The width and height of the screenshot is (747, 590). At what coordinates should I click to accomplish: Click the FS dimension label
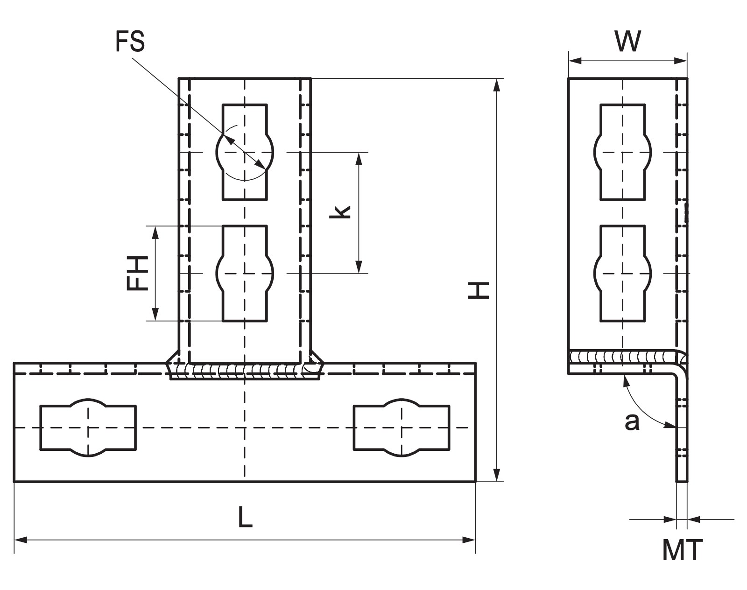pyautogui.click(x=130, y=42)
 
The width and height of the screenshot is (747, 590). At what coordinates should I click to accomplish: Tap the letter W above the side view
pyautogui.click(x=627, y=41)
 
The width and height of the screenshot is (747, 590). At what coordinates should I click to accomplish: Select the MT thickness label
pyautogui.click(x=683, y=550)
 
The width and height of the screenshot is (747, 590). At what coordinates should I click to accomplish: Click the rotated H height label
pyautogui.click(x=479, y=290)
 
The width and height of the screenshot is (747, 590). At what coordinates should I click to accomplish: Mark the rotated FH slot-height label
pyautogui.click(x=137, y=273)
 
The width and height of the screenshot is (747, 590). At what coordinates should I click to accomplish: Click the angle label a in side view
pyautogui.click(x=632, y=422)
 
